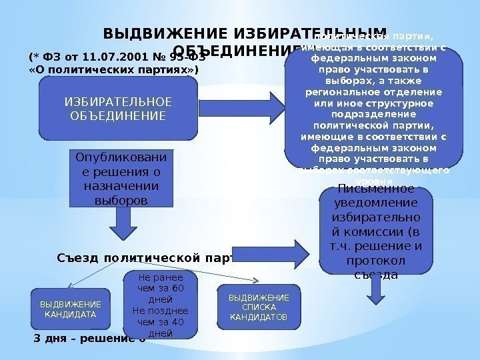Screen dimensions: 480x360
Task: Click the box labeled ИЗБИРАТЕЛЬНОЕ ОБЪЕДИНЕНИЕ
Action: pyautogui.click(x=117, y=109)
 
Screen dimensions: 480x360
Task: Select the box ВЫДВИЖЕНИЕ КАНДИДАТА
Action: pyautogui.click(x=69, y=308)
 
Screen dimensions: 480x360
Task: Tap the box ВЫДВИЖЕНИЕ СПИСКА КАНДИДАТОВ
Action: pyautogui.click(x=259, y=307)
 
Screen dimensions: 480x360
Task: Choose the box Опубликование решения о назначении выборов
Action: pyautogui.click(x=120, y=179)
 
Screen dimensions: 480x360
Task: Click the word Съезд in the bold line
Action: pyautogui.click(x=80, y=257)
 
